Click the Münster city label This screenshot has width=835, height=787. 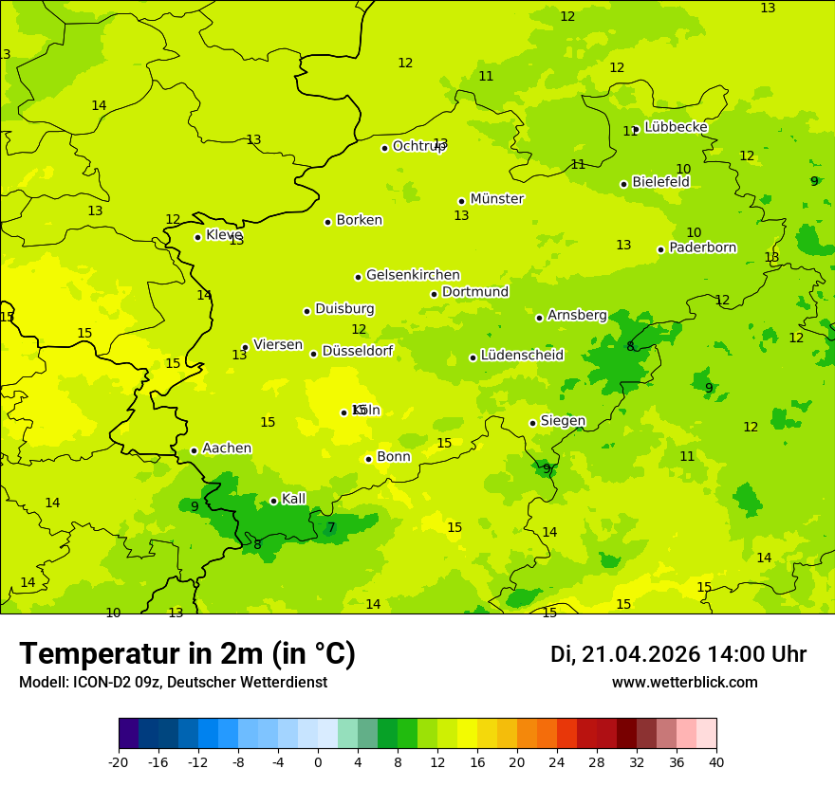click(496, 199)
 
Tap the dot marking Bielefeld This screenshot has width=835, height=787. click(623, 184)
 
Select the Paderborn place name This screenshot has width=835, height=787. click(702, 247)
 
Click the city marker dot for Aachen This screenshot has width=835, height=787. click(194, 450)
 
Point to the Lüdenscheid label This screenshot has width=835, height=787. click(522, 356)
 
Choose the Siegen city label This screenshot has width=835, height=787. click(563, 421)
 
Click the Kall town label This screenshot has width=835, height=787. click(293, 499)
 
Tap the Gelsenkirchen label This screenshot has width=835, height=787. click(413, 275)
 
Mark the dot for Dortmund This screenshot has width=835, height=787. click(434, 294)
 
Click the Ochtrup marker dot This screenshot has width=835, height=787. click(384, 148)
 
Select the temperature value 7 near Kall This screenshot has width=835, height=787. click(331, 527)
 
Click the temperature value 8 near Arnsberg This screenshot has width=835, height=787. click(630, 346)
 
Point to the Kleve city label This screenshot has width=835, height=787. click(224, 234)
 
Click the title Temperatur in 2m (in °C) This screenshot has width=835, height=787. click(187, 653)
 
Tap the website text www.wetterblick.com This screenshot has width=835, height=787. click(684, 682)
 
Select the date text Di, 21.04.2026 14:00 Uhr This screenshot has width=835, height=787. click(677, 654)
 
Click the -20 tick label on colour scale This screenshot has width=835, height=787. click(119, 761)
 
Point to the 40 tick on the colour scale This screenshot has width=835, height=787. click(715, 761)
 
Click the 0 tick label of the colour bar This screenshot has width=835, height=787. click(318, 761)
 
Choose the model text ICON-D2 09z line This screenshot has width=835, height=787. click(173, 682)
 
